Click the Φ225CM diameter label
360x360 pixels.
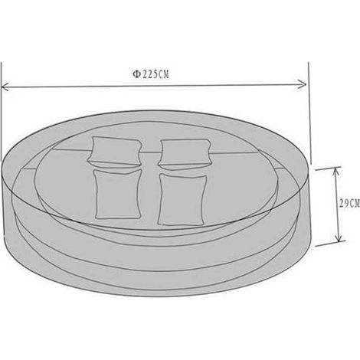click(151, 74)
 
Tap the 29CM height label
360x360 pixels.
click(349, 203)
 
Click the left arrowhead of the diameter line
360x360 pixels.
click(5, 87)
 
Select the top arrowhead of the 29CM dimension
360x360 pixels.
click(335, 172)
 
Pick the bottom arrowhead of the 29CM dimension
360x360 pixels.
click(339, 237)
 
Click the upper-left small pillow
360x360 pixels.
click(114, 152)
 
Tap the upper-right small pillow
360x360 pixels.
click(185, 153)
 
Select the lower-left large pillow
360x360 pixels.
click(118, 194)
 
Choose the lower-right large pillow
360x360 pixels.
click(182, 199)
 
